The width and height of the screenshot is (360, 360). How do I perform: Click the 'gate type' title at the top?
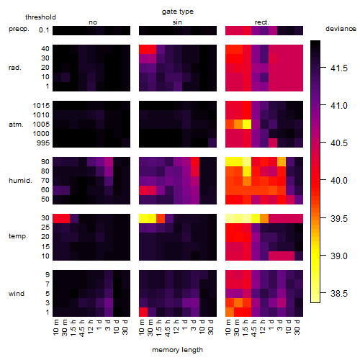(x=178, y=12)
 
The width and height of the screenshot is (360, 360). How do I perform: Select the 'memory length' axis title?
(x=177, y=350)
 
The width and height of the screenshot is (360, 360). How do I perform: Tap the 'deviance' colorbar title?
(x=341, y=29)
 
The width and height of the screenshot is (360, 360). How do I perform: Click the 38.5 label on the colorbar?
(x=339, y=293)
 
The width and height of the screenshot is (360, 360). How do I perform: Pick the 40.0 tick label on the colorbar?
(x=339, y=180)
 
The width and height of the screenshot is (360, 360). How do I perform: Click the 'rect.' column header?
(x=261, y=22)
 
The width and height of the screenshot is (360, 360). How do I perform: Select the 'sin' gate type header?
(x=177, y=22)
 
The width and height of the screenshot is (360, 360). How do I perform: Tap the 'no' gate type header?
(x=93, y=22)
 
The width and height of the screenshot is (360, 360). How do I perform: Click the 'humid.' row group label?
(x=20, y=181)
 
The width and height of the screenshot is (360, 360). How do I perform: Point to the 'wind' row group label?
(x=17, y=294)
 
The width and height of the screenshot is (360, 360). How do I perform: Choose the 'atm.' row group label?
(x=16, y=125)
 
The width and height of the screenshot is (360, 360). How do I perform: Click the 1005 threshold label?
(x=41, y=125)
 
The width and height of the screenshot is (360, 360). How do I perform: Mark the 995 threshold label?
(x=43, y=143)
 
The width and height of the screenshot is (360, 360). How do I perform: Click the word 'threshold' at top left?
(x=40, y=17)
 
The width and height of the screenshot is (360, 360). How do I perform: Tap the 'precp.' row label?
(x=19, y=29)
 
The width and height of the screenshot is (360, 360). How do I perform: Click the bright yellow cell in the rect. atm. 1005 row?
(x=247, y=125)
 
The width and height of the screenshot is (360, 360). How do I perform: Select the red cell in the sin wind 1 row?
(x=143, y=312)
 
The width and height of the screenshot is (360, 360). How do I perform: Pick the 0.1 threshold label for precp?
(x=44, y=30)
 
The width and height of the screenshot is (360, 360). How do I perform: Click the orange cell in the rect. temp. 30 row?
(x=264, y=218)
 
